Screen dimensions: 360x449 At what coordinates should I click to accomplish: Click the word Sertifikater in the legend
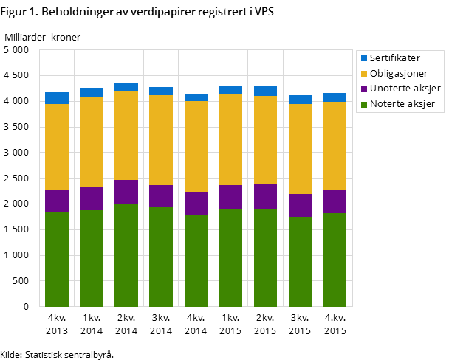pos(394,58)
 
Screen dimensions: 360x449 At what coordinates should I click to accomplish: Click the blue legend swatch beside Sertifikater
pos(364,58)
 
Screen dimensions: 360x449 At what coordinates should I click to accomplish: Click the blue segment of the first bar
pos(57,98)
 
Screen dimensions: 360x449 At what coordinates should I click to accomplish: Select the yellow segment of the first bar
pos(57,147)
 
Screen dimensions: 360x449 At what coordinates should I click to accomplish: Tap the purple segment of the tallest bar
pos(126,192)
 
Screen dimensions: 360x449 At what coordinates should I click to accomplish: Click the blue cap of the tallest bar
pos(126,86)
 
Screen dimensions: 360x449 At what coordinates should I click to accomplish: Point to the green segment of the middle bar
pos(196,260)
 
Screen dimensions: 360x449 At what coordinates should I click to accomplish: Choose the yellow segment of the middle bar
pos(196,146)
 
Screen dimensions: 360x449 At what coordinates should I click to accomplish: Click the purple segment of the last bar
pos(335,201)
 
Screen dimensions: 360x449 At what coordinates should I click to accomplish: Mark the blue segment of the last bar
pos(335,97)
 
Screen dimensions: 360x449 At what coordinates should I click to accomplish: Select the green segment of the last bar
pos(335,260)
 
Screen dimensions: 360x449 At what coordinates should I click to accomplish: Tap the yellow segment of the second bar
pos(92,142)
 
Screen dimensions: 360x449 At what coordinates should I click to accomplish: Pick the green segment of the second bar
pos(92,258)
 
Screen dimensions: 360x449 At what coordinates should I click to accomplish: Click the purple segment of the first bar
pos(57,201)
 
